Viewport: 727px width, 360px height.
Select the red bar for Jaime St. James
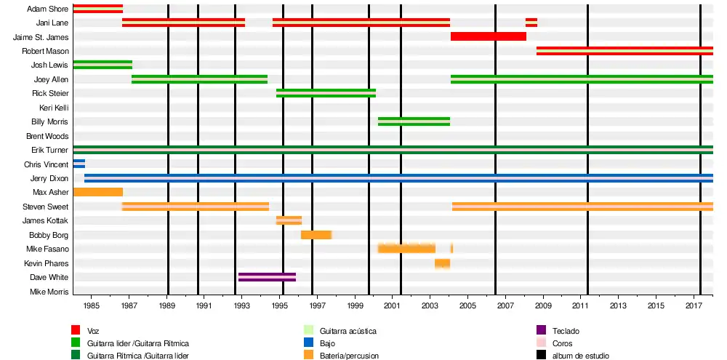pos(488,36)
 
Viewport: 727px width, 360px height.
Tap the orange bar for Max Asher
pos(97,192)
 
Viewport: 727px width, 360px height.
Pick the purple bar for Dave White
pos(267,277)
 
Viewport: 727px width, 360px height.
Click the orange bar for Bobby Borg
pos(316,235)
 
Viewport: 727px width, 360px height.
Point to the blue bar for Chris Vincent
pos(79,164)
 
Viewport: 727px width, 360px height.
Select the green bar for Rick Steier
pos(326,93)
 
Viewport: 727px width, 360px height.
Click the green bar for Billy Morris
pos(414,121)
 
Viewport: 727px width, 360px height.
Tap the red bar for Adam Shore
pos(97,9)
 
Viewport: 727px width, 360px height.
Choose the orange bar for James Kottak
pos(289,220)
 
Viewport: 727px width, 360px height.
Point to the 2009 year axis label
pos(543,306)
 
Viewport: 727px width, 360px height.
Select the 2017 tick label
pos(694,306)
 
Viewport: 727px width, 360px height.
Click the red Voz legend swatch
pos(76,330)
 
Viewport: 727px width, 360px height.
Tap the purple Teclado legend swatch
pos(541,330)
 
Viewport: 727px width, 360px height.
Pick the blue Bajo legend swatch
pos(308,343)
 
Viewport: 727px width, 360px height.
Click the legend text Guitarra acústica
pos(348,331)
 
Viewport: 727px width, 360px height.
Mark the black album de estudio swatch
pos(541,355)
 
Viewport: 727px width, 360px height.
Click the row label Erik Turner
pos(49,150)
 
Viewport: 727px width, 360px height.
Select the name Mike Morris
pos(49,292)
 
